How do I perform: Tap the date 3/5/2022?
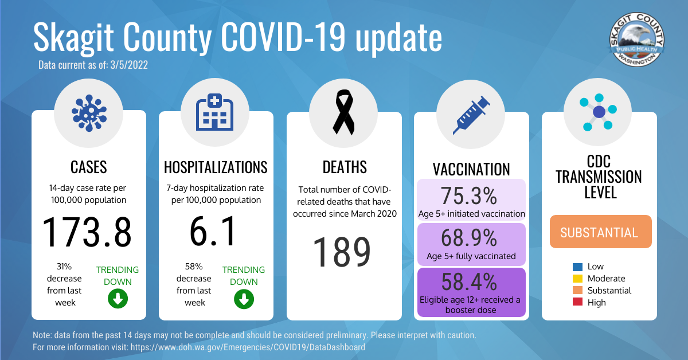click(x=129, y=65)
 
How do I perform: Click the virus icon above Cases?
click(x=89, y=113)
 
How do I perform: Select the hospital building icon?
click(x=214, y=112)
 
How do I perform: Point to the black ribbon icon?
click(x=343, y=112)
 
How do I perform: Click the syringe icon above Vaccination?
click(x=471, y=115)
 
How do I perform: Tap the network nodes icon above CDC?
click(x=598, y=112)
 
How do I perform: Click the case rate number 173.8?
click(x=87, y=232)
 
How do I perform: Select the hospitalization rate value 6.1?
click(x=213, y=231)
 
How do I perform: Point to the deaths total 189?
click(x=342, y=252)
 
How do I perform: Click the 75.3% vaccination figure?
click(x=469, y=195)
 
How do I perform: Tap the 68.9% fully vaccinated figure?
click(x=469, y=238)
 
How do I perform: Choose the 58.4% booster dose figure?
click(x=469, y=281)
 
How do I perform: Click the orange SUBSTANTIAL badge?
click(x=600, y=232)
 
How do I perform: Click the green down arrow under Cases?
click(x=118, y=299)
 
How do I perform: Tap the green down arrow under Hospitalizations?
click(x=244, y=299)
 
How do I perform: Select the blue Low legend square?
click(x=577, y=267)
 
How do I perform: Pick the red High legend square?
click(x=577, y=302)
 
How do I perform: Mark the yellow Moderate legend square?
click(x=577, y=279)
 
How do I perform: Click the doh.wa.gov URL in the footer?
click(x=248, y=347)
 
